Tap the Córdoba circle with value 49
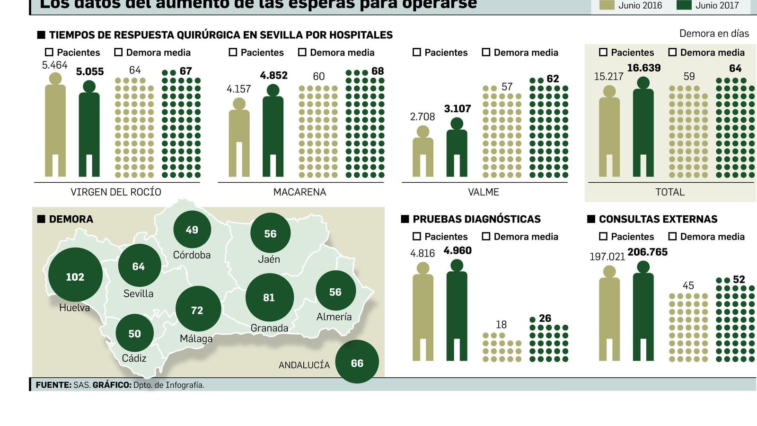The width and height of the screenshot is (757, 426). coord(192,230)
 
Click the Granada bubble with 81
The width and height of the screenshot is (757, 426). coord(269,297)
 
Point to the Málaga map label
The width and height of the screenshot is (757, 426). coord(196,339)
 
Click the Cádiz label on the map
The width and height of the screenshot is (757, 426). coord(134,358)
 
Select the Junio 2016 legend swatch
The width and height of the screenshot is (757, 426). coord(607,5)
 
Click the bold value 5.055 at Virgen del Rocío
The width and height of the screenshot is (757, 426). coord(90,71)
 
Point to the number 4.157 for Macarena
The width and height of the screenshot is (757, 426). coord(238,89)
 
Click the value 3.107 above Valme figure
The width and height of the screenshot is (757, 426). coord(457,109)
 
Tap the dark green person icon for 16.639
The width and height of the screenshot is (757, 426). coord(643,128)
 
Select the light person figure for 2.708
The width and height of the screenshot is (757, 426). coord(423,151)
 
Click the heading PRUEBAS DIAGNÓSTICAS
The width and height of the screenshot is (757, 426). coord(476,219)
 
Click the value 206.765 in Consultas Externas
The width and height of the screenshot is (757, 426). coord(647,252)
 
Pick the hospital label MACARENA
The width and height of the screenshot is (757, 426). coord(299,192)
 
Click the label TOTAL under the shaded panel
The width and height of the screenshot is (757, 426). coord(669,192)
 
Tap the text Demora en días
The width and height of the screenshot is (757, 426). coord(713,34)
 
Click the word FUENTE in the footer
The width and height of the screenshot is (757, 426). coord(53,385)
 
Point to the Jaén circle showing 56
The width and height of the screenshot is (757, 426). coord(270,233)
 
